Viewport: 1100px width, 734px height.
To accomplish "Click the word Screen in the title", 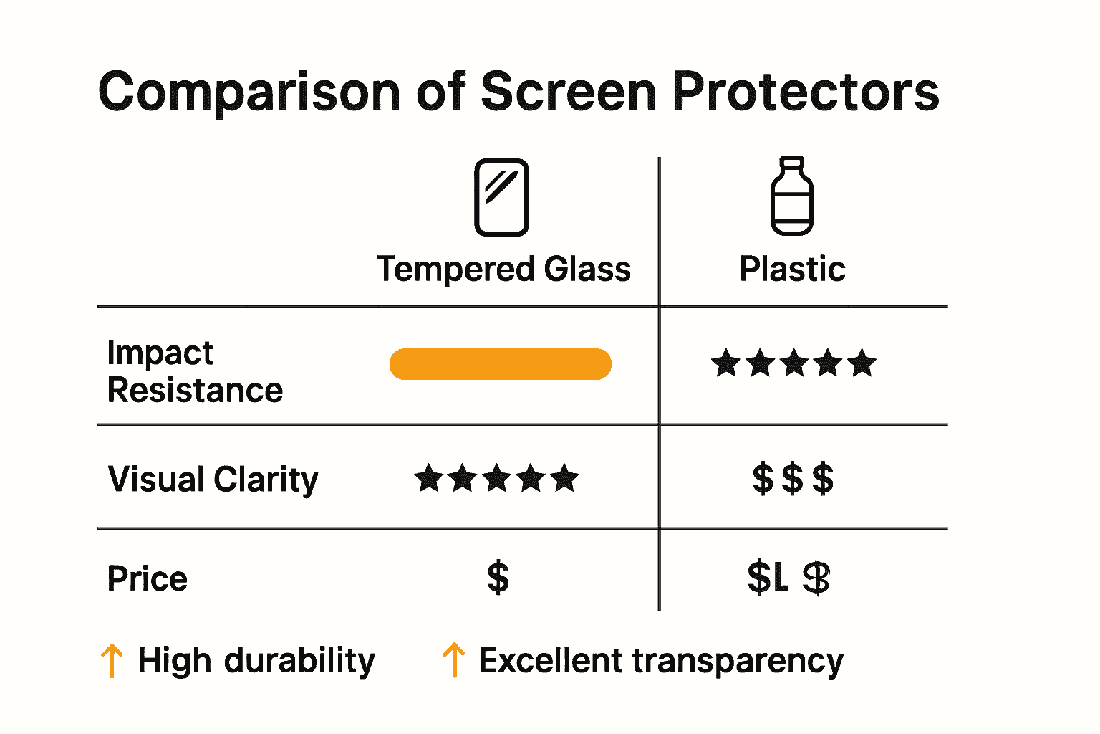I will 569,92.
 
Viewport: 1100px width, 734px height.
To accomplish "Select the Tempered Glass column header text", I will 503,270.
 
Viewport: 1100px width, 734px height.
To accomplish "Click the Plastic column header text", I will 792,270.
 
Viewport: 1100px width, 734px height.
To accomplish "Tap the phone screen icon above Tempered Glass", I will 501,198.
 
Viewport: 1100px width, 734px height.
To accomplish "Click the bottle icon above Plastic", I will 791,196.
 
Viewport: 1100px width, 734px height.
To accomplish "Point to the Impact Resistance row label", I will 195,371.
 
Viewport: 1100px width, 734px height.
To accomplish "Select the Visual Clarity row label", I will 213,480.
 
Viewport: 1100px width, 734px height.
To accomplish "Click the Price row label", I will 148,578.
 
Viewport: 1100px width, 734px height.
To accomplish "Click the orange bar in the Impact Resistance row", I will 500,364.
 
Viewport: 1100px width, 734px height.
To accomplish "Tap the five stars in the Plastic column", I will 793,363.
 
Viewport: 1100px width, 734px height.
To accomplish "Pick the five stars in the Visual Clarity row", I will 496,478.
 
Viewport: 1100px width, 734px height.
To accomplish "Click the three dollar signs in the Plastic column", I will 793,479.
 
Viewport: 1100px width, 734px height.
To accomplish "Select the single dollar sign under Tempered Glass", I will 498,578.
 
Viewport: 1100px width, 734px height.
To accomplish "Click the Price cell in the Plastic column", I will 788,578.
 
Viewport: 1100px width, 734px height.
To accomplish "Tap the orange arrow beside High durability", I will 111,660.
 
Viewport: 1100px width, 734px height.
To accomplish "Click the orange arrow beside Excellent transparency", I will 453,660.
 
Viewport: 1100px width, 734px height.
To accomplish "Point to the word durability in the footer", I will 299,660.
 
